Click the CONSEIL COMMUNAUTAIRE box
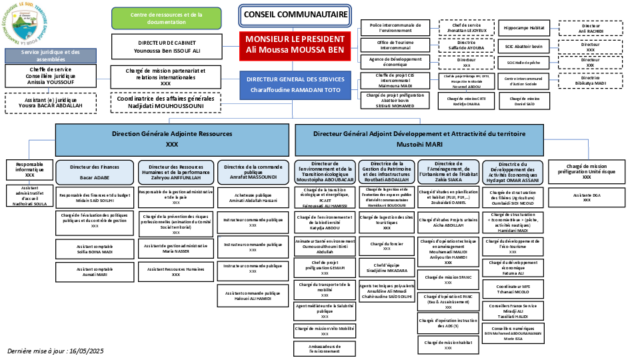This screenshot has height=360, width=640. [x=295, y=14]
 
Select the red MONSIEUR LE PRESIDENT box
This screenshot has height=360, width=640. [x=295, y=45]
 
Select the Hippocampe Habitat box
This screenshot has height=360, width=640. [x=523, y=28]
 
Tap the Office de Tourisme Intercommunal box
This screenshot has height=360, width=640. [x=395, y=45]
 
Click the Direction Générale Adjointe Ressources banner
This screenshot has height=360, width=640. [x=172, y=139]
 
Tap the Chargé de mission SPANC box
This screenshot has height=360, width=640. [x=448, y=279]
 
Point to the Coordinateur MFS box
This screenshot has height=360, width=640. [x=513, y=290]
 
